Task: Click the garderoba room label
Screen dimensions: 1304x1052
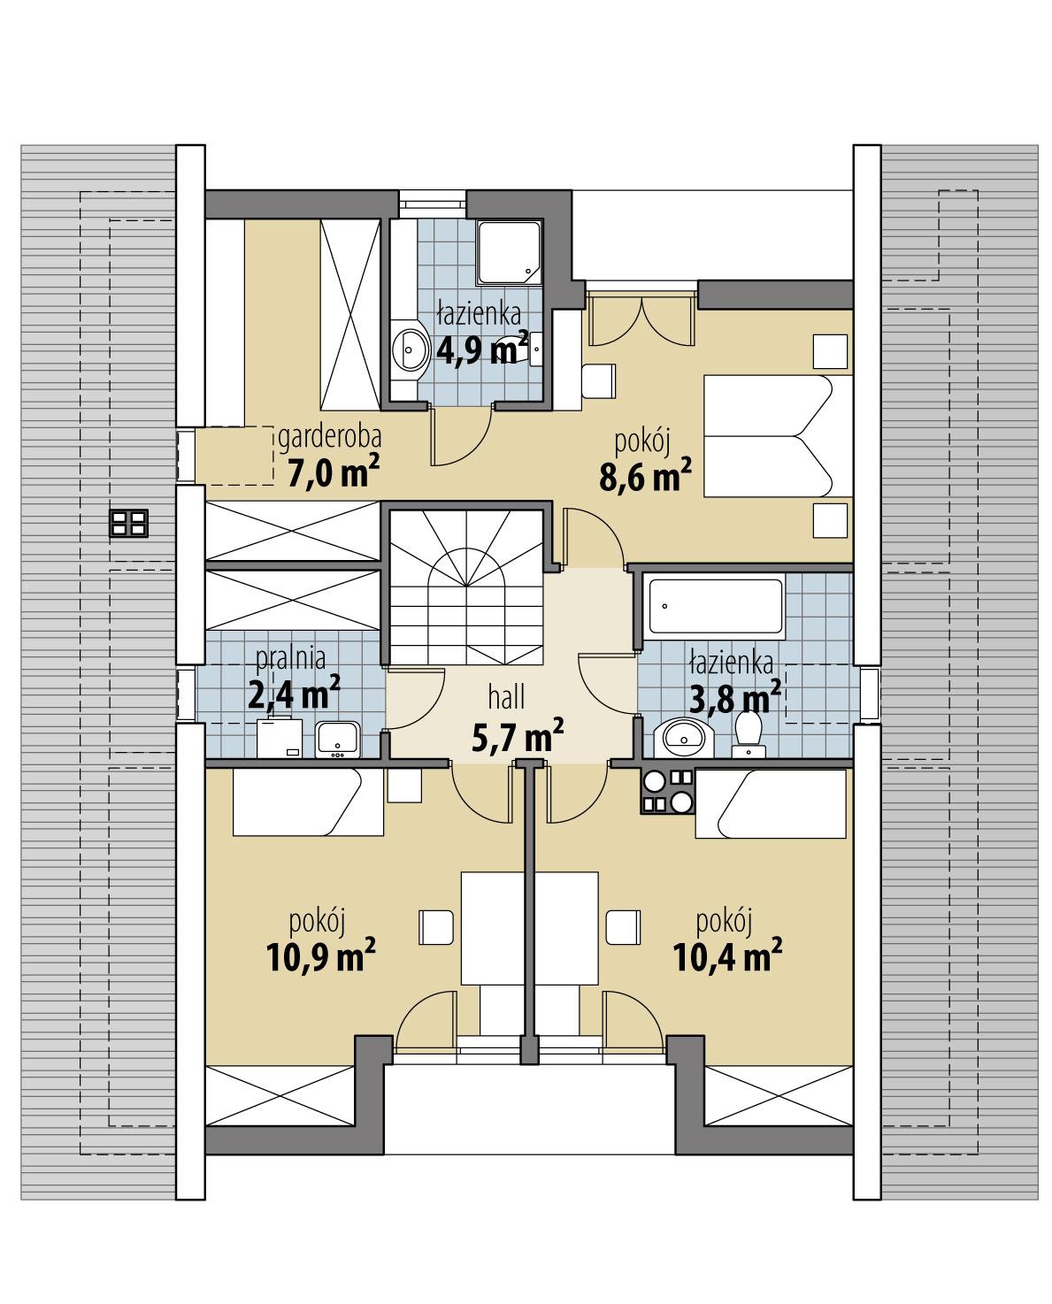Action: click(328, 437)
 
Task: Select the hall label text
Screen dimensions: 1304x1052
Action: click(506, 697)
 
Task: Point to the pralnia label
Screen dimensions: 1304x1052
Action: click(290, 658)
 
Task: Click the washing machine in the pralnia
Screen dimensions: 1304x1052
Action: click(280, 739)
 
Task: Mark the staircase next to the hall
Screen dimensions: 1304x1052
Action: click(465, 584)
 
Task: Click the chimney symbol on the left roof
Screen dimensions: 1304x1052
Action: click(129, 524)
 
